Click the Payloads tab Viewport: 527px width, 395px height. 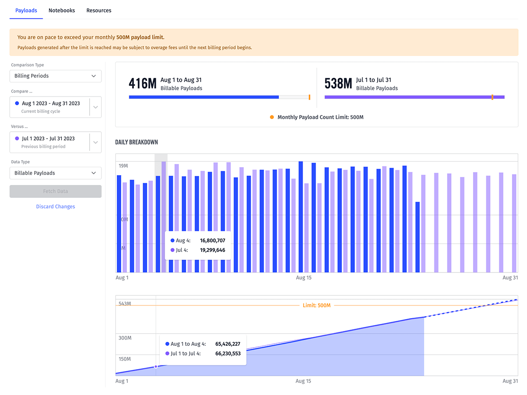coord(26,11)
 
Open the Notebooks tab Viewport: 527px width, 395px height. coord(61,11)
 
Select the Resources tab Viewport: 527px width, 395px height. coord(99,11)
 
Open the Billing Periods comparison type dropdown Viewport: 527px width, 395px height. coord(55,76)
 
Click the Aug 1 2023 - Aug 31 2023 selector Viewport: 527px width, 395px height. coord(51,107)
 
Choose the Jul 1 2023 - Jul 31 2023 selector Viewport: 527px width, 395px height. coord(51,142)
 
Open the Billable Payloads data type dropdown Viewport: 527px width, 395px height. coord(55,173)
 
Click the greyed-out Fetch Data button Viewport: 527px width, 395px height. coord(55,191)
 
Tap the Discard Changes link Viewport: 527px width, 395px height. coord(55,207)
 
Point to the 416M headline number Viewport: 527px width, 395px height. coord(142,83)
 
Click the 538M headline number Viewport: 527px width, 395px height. coord(338,83)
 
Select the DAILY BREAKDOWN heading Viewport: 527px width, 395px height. coord(137,142)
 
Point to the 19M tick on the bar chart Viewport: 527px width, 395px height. coord(123,166)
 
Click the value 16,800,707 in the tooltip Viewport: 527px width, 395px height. coord(213,241)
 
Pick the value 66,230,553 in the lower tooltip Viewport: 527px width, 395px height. coord(228,353)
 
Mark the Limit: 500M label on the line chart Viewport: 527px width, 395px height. coord(317,305)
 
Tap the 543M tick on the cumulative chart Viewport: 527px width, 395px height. coord(125,304)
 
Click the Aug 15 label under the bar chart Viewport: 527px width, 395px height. coord(303,278)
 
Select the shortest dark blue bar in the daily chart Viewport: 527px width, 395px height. coord(417,237)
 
